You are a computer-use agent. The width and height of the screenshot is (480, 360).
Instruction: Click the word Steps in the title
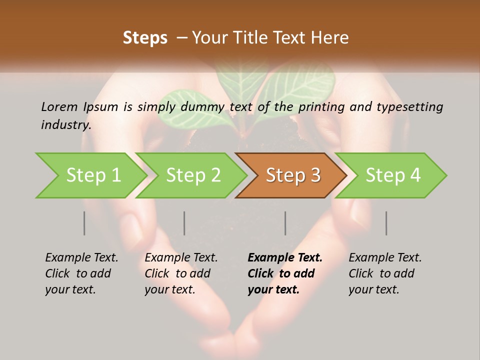(145, 38)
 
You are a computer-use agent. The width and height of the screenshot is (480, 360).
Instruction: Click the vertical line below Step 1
(84, 223)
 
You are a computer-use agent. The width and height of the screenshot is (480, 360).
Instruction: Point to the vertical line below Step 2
(184, 223)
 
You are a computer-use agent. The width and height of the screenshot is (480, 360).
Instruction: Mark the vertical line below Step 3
(285, 223)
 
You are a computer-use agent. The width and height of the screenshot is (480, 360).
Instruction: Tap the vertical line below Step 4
(386, 223)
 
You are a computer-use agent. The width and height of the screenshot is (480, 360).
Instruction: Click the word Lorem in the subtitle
(59, 106)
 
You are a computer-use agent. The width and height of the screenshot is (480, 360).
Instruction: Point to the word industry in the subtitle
(65, 125)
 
